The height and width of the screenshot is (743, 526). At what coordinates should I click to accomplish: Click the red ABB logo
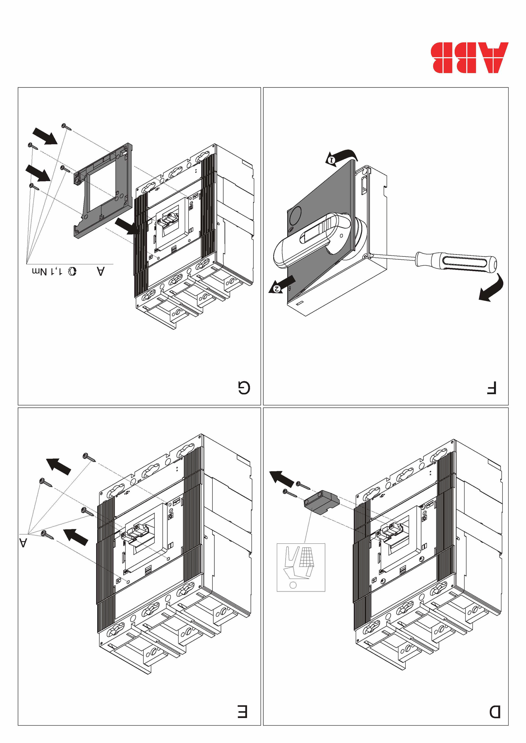click(x=469, y=58)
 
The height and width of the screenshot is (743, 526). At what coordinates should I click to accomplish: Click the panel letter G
click(x=244, y=388)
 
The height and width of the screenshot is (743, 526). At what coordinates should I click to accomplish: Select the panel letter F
click(x=491, y=388)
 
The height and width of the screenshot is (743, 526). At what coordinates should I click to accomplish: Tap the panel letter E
click(x=242, y=712)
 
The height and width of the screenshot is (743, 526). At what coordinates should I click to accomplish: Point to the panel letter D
click(x=495, y=712)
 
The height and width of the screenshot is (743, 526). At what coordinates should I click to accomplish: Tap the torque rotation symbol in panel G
click(x=72, y=272)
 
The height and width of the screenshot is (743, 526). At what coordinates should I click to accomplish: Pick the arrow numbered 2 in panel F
click(x=282, y=284)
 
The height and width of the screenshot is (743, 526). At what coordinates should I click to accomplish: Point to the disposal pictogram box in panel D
click(x=301, y=567)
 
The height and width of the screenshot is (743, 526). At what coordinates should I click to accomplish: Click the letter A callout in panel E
click(x=23, y=543)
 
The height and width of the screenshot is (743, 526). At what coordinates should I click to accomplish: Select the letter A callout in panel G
click(x=101, y=272)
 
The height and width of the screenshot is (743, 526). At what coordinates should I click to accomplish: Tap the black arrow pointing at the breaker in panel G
click(x=127, y=227)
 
